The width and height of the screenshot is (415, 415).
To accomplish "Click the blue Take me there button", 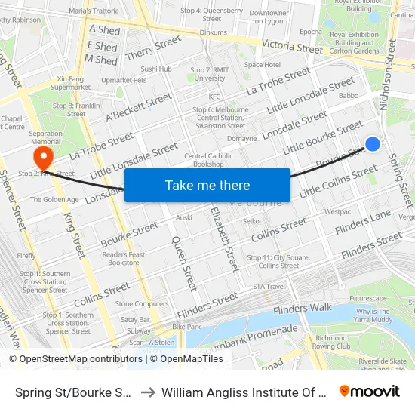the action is point(207,185).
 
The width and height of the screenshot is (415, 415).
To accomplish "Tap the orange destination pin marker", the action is point(43,158).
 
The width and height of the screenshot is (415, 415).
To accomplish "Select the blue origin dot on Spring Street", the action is point(372,143).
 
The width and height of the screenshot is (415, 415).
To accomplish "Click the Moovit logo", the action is point(369,392).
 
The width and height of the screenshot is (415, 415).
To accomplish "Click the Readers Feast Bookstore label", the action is point(124,259).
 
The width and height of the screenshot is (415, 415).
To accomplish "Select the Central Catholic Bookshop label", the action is point(208,160).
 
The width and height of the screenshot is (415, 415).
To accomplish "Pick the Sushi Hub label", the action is point(156,69).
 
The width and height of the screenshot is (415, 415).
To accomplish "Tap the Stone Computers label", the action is point(142,303).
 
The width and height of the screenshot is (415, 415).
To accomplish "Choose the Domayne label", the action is point(242,139).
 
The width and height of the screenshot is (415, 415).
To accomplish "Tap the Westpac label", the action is point(337,212).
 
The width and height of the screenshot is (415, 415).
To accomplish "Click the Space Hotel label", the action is point(263,65).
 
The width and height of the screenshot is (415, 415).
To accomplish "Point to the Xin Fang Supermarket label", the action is point(71,83).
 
